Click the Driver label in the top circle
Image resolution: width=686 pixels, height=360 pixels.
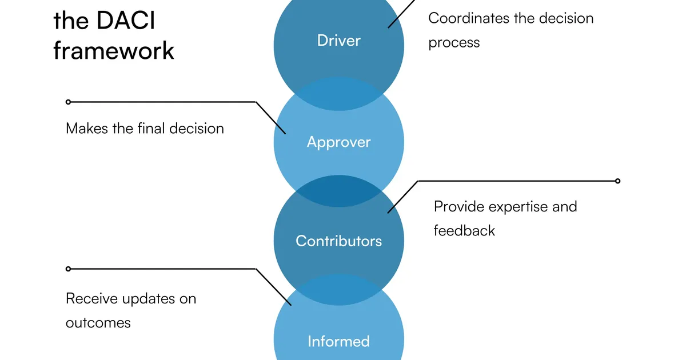pyautogui.click(x=338, y=41)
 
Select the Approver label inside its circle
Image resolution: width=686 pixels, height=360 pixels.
pyautogui.click(x=338, y=142)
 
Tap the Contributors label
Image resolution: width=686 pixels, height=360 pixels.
pyautogui.click(x=338, y=241)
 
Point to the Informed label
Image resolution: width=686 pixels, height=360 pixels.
pyautogui.click(x=338, y=341)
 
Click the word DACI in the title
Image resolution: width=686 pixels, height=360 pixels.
pyautogui.click(x=126, y=21)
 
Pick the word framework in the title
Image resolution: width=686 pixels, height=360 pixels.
pyautogui.click(x=114, y=50)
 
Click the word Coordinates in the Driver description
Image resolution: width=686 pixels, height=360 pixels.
pyautogui.click(x=469, y=18)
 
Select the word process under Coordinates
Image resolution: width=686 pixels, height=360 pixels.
pyautogui.click(x=454, y=43)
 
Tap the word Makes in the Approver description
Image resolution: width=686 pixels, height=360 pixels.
pyautogui.click(x=87, y=128)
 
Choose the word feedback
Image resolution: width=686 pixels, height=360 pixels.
pyautogui.click(x=464, y=231)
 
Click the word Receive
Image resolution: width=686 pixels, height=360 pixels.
pyautogui.click(x=91, y=298)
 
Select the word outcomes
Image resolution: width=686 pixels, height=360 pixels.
pyautogui.click(x=98, y=323)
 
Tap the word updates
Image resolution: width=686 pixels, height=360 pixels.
pyautogui.click(x=148, y=299)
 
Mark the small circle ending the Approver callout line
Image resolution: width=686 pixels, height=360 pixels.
pyautogui.click(x=68, y=102)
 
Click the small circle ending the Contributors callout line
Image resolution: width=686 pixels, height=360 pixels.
pyautogui.click(x=618, y=181)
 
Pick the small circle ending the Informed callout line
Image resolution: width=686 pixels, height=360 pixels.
pyautogui.click(x=68, y=269)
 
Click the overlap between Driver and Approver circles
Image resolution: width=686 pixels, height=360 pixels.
pyautogui.click(x=338, y=94)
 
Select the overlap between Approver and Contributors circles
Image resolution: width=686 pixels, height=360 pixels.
pyautogui.click(x=338, y=191)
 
